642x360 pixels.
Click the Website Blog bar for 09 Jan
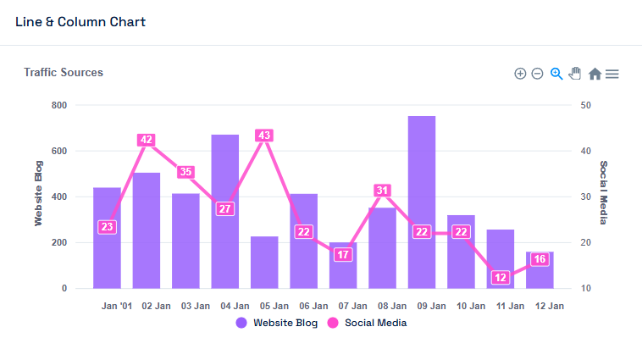coord(422,203)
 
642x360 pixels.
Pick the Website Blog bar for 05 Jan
coord(264,263)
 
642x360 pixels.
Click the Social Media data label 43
coord(264,136)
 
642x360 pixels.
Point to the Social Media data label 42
coord(147,140)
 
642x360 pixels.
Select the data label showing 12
coord(501,277)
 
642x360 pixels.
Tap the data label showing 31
coord(382,191)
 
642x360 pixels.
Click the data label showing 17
coord(343,254)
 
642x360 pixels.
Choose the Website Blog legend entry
coord(279,323)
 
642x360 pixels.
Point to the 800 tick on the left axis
coord(59,105)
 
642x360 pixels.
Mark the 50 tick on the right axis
coord(585,105)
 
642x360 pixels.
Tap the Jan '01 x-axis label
coord(117,305)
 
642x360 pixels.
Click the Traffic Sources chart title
coord(64,73)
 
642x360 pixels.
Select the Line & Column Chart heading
coord(80,22)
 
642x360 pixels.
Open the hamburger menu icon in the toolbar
coord(612,74)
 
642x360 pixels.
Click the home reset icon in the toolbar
coord(595,74)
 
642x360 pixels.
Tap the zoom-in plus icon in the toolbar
coord(520,74)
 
